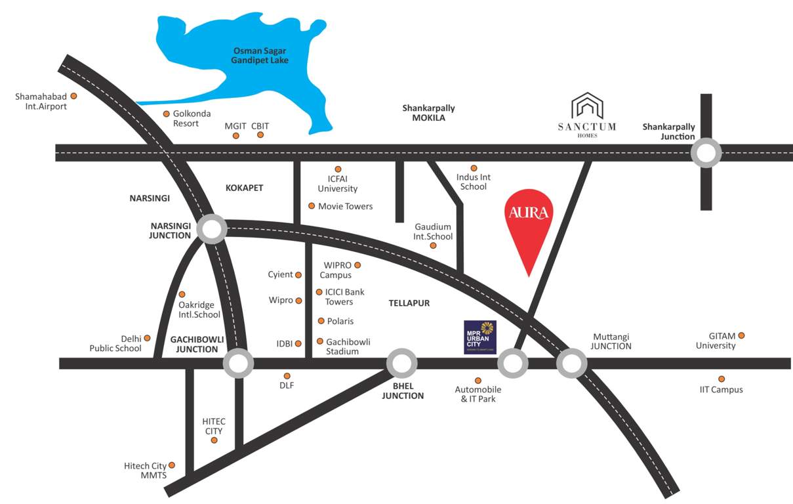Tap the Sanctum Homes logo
click(587, 114)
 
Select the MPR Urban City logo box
click(480, 337)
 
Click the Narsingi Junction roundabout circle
click(212, 230)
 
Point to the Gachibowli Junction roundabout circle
click(238, 363)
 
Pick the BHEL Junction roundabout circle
click(401, 363)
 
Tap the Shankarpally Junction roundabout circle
click(706, 153)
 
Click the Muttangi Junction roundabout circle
click(571, 363)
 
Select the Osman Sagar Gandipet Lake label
click(260, 55)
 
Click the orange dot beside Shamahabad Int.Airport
click(73, 96)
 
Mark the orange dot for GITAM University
click(742, 336)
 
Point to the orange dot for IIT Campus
click(722, 379)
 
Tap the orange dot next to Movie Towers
click(312, 206)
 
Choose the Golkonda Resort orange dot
click(166, 114)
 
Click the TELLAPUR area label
click(409, 303)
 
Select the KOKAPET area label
click(244, 188)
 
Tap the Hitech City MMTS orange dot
click(173, 465)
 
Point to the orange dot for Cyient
click(298, 275)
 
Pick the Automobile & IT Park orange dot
click(478, 380)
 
